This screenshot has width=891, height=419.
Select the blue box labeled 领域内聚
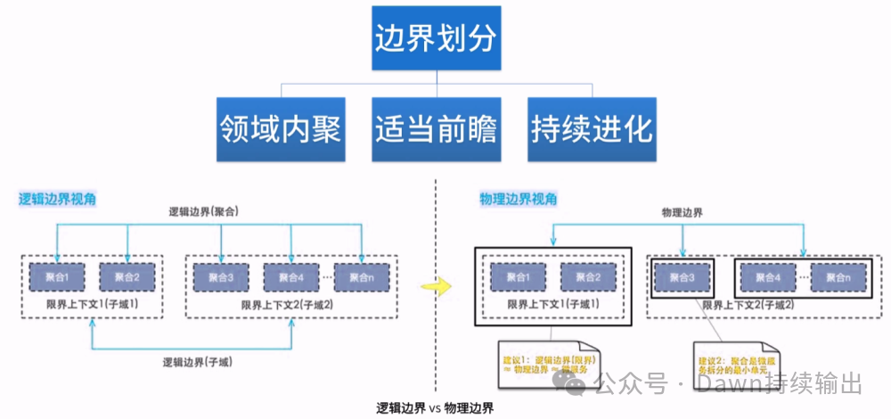point(281,129)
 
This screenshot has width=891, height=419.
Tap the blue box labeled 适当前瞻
point(436,129)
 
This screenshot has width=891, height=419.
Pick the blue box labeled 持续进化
point(592,129)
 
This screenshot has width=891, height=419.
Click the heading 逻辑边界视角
point(58,199)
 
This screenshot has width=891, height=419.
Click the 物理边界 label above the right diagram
point(682,214)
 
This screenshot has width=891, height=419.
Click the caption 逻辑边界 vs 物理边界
point(435,407)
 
